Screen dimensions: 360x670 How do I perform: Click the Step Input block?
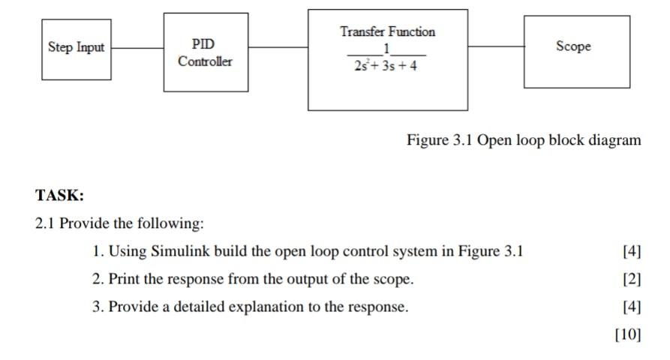coord(76,49)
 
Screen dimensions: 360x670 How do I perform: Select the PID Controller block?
coord(205,53)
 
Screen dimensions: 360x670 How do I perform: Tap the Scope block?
coord(575,50)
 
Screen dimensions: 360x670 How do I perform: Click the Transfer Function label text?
coord(387,31)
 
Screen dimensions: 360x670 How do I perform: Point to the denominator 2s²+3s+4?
coord(387,65)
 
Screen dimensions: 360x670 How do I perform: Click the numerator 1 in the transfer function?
coord(386,49)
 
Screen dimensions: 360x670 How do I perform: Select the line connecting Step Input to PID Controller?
coord(137,49)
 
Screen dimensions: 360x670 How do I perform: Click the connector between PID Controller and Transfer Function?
coord(278,47)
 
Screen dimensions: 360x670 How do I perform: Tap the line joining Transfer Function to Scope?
coord(495,46)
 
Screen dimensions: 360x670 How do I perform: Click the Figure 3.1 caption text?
coord(524,140)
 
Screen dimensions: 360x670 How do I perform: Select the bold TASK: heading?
coord(59,196)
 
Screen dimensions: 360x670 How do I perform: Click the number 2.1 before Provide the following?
coord(46,223)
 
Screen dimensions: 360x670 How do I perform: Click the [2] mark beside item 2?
coord(632,279)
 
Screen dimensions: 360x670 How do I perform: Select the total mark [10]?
coord(628,334)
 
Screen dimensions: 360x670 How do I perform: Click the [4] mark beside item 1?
coord(632,251)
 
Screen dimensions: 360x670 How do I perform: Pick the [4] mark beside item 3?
coord(632,307)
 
